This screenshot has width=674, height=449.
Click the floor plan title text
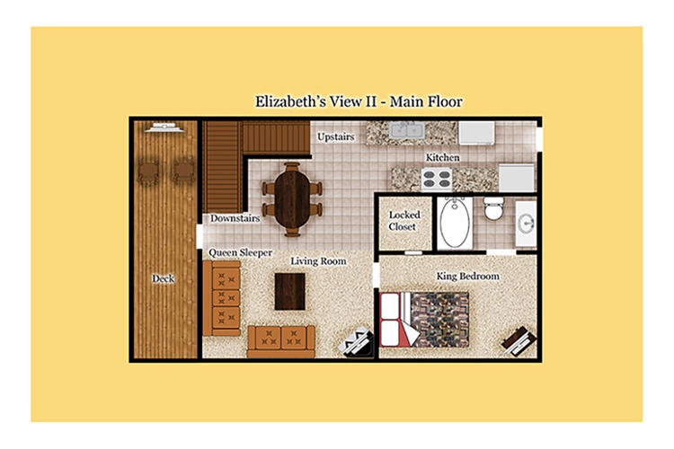click(x=359, y=101)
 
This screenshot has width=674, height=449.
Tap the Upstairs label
click(x=336, y=137)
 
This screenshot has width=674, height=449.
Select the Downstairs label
click(x=235, y=218)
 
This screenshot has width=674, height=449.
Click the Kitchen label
click(x=443, y=158)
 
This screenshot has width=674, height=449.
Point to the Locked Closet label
click(x=404, y=220)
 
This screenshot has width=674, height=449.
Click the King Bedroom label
click(x=468, y=276)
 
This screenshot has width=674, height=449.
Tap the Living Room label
click(x=318, y=261)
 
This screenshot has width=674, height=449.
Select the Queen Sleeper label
click(x=240, y=252)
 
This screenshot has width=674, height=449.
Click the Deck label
click(x=163, y=278)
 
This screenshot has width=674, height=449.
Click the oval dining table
click(x=292, y=199)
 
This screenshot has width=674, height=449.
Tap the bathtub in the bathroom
click(x=455, y=222)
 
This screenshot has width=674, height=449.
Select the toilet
click(x=493, y=208)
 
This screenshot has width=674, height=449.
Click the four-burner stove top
click(x=437, y=180)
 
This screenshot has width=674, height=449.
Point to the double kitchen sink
click(x=406, y=129)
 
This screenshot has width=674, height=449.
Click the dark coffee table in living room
click(x=290, y=292)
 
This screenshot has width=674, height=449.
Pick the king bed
click(x=424, y=320)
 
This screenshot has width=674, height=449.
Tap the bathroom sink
click(x=526, y=224)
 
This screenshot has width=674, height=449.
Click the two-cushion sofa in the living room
click(x=281, y=341)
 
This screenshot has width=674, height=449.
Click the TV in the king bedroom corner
click(x=519, y=340)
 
